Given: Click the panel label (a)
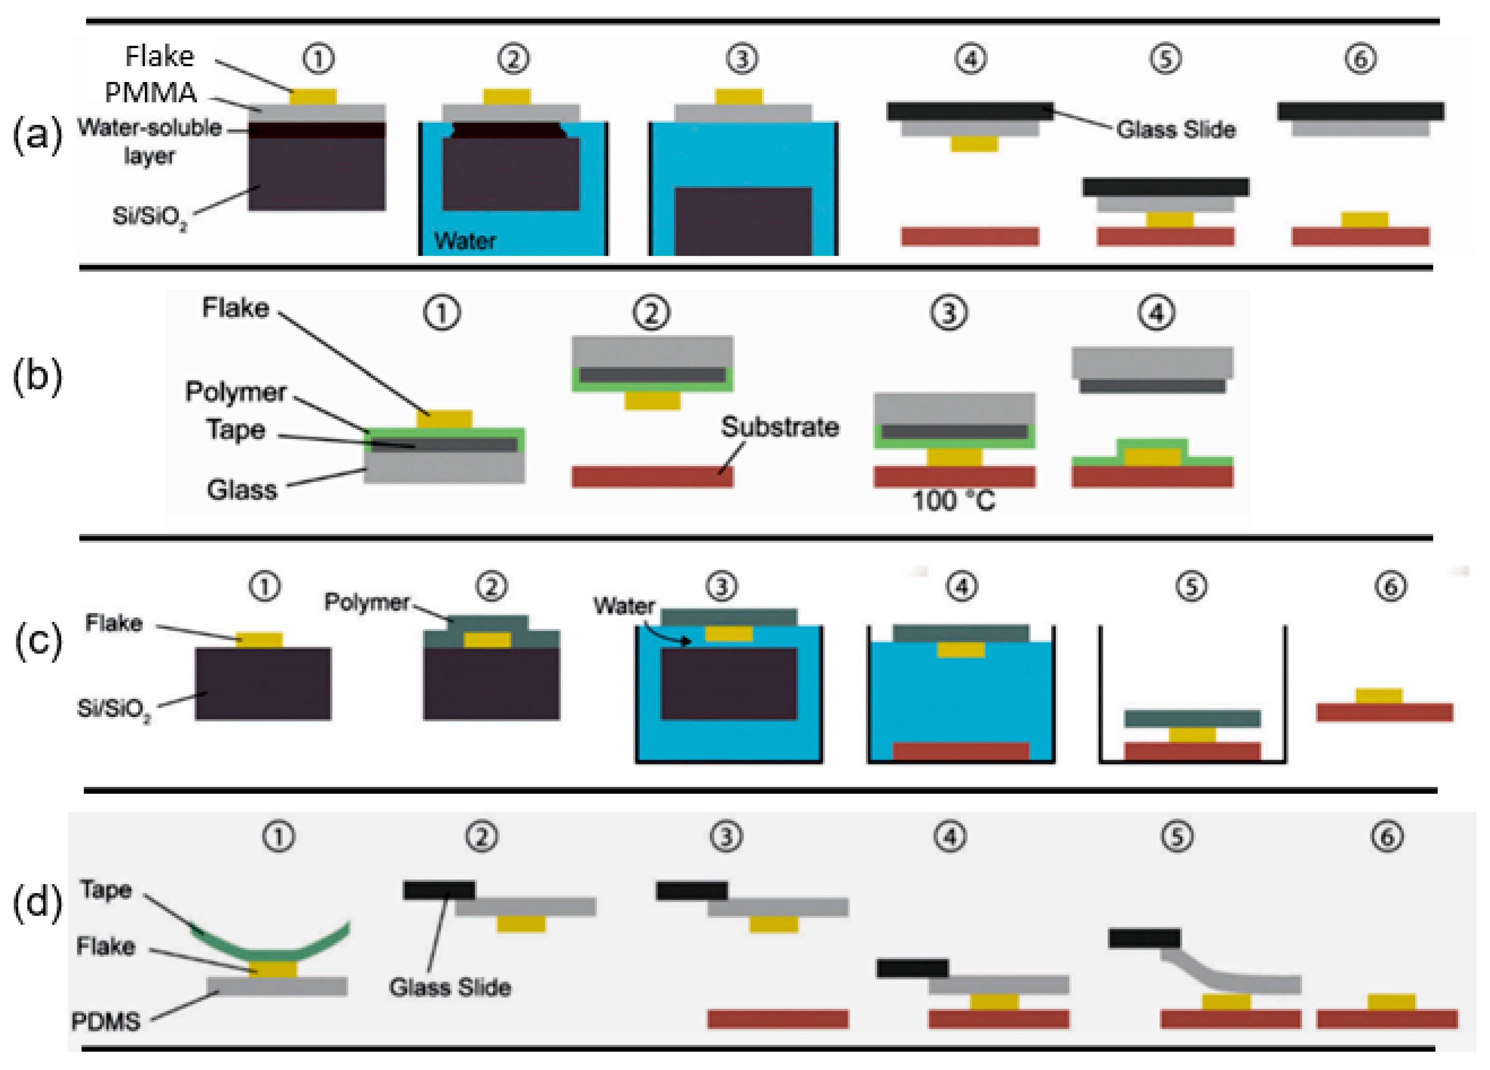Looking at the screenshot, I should coord(37,136).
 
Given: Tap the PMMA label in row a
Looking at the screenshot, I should coord(151,92).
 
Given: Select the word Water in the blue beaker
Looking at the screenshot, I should coord(465,241).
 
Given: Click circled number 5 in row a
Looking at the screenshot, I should coord(1165,59).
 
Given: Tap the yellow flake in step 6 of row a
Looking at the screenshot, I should coord(1364,219).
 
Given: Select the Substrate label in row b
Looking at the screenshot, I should coord(780,427).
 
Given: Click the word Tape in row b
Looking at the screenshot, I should coord(236,430).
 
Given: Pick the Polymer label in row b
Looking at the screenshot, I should coord(235,392).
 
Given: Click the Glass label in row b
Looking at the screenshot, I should coord(242,490).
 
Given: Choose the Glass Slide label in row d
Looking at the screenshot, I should coord(449,987).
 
